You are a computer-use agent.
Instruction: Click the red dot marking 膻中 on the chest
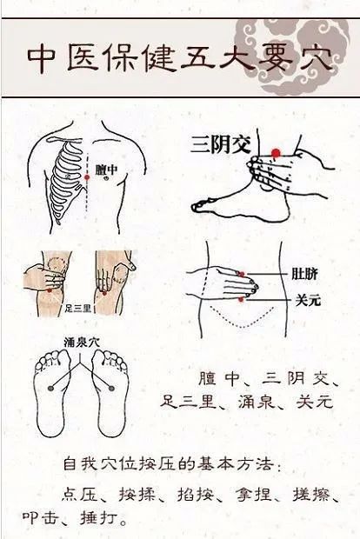[x=87, y=177]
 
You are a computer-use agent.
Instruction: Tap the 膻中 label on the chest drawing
[x=106, y=170]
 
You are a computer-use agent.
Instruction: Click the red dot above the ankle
[x=276, y=153]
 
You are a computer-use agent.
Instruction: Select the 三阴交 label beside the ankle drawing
[x=221, y=144]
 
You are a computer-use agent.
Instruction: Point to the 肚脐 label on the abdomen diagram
[x=304, y=274]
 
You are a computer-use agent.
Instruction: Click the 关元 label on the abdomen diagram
[x=308, y=301]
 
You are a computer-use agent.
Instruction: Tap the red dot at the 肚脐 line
[x=242, y=275]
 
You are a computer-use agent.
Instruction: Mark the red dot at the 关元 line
[x=241, y=300]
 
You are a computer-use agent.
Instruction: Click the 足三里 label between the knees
[x=78, y=309]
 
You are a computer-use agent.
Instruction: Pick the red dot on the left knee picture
[x=50, y=290]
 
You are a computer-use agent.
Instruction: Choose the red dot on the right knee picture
[x=104, y=293]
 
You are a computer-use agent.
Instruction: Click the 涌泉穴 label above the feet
[x=82, y=343]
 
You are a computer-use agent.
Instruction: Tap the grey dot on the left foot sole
[x=51, y=388]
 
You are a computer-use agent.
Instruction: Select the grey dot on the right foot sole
[x=111, y=389]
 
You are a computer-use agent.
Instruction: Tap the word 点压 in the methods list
[x=80, y=495]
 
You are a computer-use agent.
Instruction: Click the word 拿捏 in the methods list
[x=254, y=495]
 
